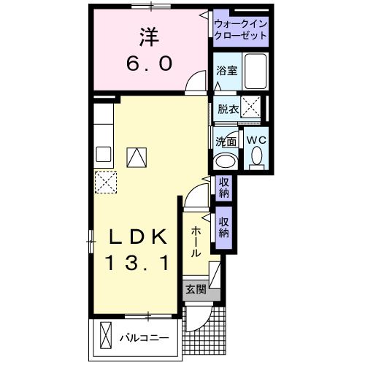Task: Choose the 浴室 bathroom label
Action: point(226,71)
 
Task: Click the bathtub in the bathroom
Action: point(255,72)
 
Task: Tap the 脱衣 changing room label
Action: point(228,109)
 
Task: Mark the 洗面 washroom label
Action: point(226,141)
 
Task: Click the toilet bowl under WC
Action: point(255,155)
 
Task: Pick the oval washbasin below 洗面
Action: point(226,161)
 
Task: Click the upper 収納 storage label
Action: point(223,188)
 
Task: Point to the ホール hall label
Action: point(196,242)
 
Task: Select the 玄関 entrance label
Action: point(194,288)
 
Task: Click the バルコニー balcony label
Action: point(145,338)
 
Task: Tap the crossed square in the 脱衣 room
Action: point(252,108)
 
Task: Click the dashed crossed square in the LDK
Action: point(106,180)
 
